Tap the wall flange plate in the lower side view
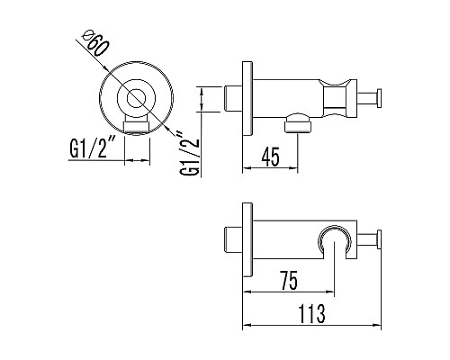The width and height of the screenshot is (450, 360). point(245,242)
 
